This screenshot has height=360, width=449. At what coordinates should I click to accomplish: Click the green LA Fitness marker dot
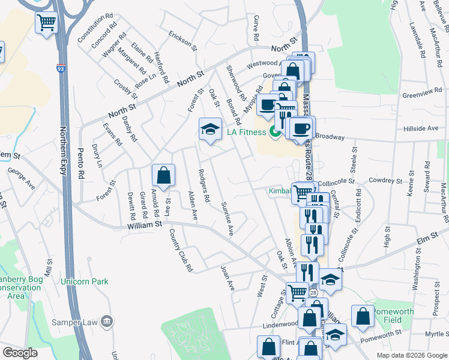tap(276, 131)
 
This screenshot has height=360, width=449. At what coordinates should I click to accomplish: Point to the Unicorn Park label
tap(84, 281)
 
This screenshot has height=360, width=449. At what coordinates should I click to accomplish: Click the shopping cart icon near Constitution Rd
tap(46, 23)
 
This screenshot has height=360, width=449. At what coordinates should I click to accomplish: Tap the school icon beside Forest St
tap(210, 129)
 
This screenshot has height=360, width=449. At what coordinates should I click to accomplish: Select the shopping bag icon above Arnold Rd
tap(163, 175)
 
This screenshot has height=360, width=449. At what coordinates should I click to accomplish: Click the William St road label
tap(145, 224)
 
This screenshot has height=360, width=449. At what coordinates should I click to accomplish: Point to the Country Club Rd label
tap(181, 250)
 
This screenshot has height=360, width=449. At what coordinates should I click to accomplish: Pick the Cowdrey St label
tap(385, 181)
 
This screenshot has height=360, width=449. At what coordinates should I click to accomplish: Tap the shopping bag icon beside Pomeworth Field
tap(363, 316)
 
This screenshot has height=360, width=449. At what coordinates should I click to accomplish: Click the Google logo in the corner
tap(20, 353)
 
